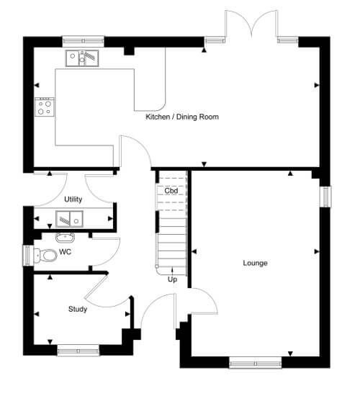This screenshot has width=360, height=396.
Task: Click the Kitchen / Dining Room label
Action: pos(182,117)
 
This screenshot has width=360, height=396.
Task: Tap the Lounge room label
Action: pos(255,263)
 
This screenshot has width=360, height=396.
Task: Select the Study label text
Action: pos(78,309)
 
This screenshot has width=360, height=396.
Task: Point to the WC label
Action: pos(66,252)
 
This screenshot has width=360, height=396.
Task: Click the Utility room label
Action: pos(73,199)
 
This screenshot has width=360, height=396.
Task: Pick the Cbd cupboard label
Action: pos(171,191)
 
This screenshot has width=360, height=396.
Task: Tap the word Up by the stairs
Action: pos(172,279)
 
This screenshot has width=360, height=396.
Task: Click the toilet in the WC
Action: pos(45,256)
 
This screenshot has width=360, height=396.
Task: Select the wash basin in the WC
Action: pos(66,238)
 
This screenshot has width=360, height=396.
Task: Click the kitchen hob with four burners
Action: pos(45,107)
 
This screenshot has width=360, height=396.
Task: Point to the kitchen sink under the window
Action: pos(82,58)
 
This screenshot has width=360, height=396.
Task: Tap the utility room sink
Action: pos(69,219)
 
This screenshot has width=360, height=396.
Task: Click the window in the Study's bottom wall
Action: pos(78,351)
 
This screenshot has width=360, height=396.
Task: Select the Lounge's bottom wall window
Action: pos(256,364)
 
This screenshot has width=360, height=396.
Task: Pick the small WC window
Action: pos(27,256)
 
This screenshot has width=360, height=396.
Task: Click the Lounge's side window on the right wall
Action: pos(326,197)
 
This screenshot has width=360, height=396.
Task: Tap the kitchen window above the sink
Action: pos(83,42)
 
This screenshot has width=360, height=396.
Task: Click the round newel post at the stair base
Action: pos(157,266)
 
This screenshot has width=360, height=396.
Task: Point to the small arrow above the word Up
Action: pos(172,271)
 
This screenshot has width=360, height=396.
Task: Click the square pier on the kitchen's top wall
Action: pos(130,51)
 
